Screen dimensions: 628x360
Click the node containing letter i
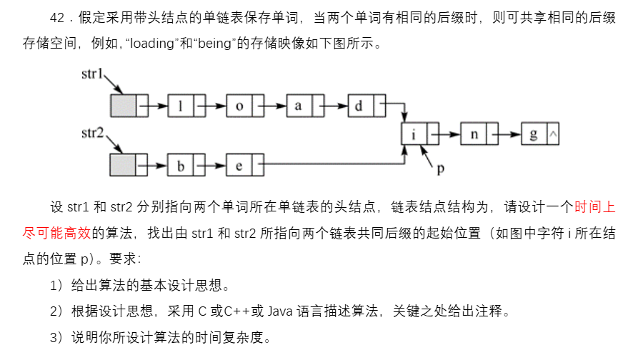414,134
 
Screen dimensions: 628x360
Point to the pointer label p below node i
442,169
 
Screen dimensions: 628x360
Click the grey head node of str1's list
122,106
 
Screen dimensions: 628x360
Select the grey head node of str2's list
122,166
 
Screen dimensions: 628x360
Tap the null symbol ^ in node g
552,134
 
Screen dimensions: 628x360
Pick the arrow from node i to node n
444,134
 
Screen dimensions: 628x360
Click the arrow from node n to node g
504,134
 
